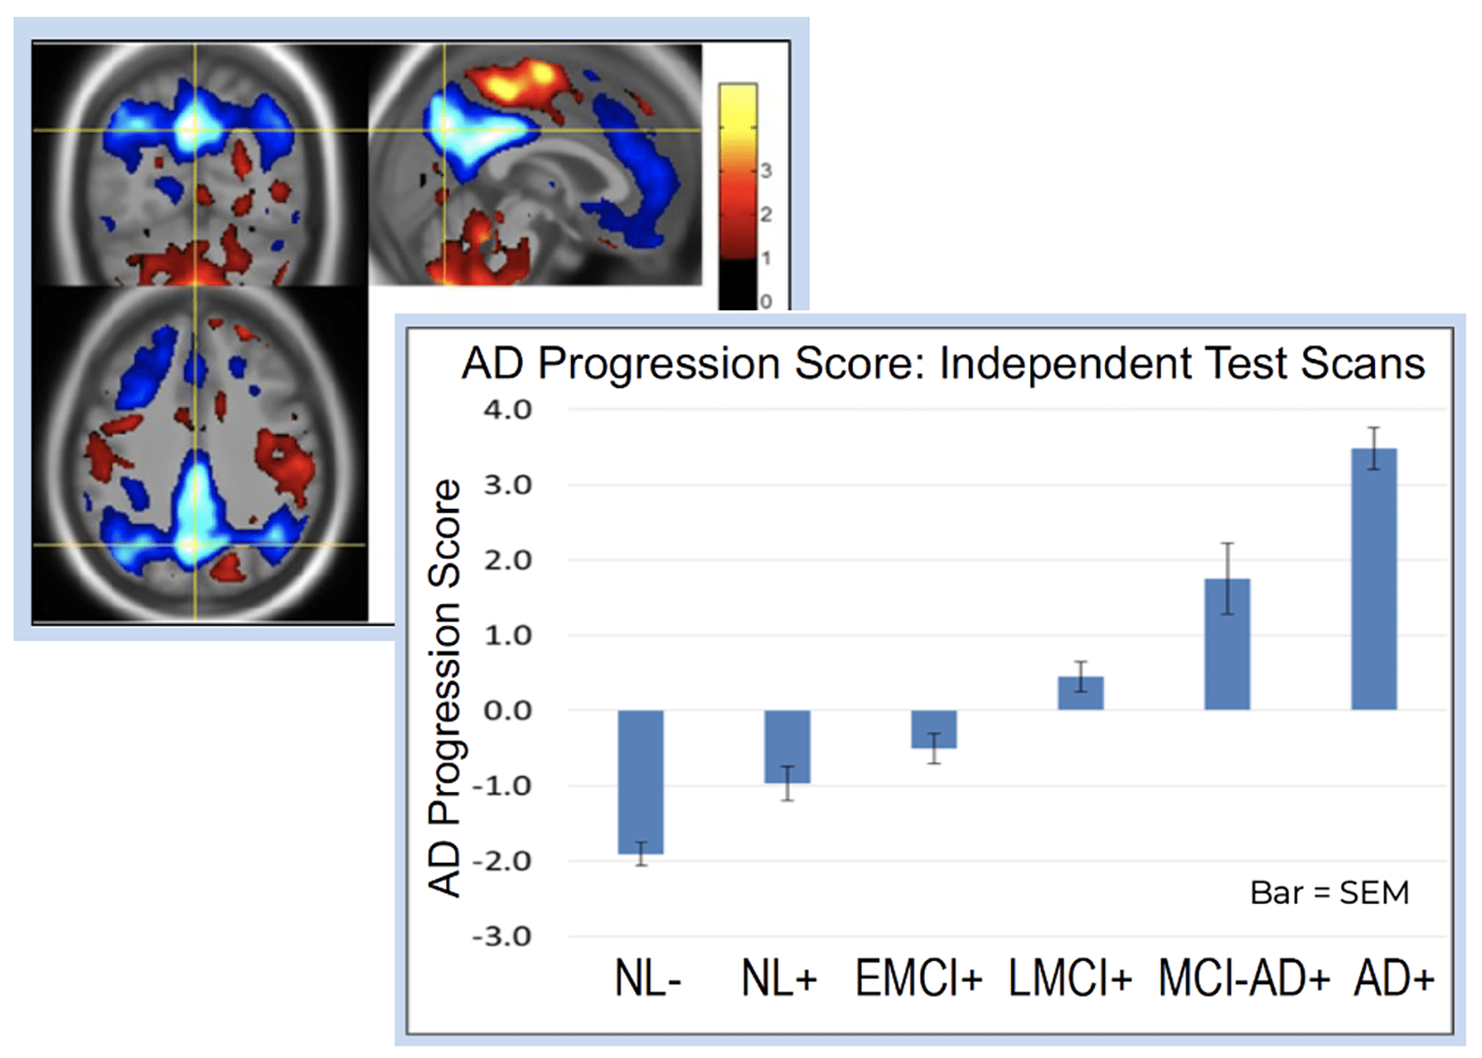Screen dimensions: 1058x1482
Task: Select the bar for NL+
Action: [787, 746]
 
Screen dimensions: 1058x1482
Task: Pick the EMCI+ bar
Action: [934, 729]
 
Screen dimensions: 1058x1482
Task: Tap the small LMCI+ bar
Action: [1080, 693]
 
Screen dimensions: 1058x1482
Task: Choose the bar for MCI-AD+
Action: [1227, 644]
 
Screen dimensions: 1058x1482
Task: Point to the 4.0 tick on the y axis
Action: [508, 409]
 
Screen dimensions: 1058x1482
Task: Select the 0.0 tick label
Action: [508, 711]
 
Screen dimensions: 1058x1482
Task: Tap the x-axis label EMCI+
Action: [919, 979]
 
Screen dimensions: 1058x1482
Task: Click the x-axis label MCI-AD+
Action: [1244, 979]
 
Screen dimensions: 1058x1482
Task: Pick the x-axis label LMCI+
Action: [1070, 979]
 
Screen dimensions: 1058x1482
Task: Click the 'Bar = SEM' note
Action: [1329, 893]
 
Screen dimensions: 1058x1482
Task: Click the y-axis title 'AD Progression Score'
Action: [445, 687]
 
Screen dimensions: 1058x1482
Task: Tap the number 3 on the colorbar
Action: [766, 170]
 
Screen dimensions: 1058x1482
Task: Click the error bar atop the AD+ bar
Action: [1373, 448]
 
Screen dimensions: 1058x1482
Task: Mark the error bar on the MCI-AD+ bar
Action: [1227, 578]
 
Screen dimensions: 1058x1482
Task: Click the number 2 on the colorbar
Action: [766, 214]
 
